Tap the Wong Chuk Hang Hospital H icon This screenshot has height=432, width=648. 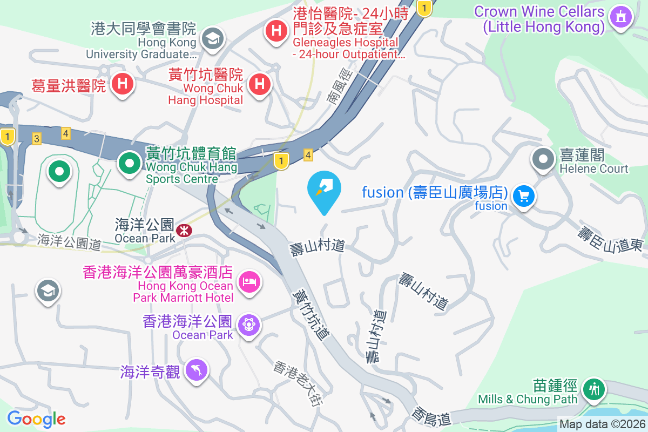point(260,84)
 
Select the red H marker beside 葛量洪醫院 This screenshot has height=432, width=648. point(123,84)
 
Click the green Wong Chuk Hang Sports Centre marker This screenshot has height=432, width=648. point(129,163)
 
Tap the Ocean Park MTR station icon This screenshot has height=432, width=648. point(185,230)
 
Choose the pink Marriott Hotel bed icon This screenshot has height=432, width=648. point(249,281)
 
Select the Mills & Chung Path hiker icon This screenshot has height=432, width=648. point(594,388)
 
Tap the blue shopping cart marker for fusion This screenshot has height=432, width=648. point(523,196)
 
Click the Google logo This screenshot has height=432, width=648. point(36,419)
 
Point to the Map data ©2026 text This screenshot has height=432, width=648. point(602,424)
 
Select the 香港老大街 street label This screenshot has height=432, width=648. point(298,383)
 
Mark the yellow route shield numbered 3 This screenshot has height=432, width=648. point(37,139)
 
